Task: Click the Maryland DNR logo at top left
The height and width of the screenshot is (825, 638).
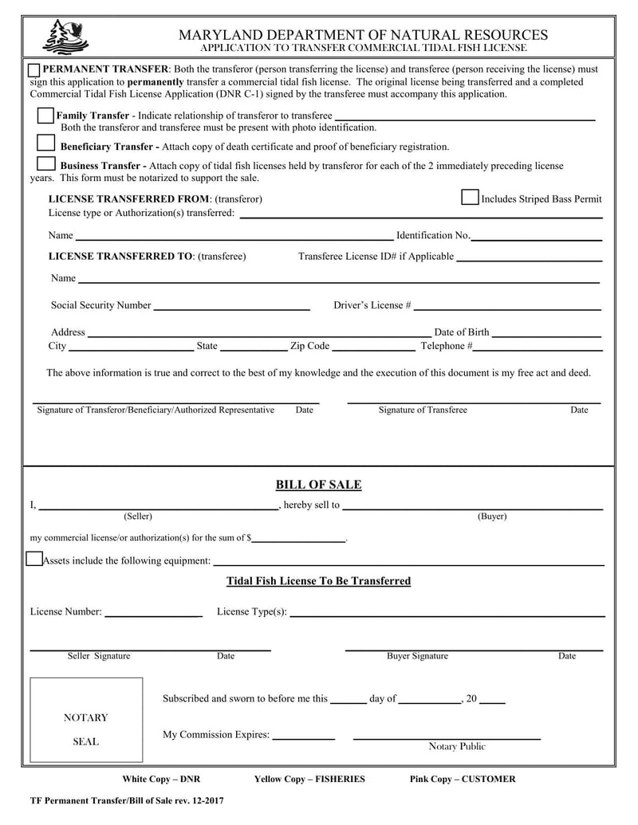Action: [65, 37]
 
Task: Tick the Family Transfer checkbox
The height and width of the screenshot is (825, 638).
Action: [45, 116]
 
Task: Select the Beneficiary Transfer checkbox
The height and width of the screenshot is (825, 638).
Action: [46, 143]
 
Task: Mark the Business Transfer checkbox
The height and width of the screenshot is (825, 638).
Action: [46, 163]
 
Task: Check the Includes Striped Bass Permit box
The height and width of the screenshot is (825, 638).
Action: [470, 198]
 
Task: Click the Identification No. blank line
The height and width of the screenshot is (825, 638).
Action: [536, 237]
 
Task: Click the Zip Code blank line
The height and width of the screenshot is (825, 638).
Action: [372, 348]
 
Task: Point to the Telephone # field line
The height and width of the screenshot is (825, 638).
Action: [538, 348]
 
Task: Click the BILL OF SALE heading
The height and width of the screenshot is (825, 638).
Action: [318, 485]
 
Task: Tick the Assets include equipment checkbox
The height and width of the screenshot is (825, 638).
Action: [34, 559]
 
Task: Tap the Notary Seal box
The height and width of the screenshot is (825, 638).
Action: [86, 720]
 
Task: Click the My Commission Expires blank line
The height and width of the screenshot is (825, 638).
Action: [303, 737]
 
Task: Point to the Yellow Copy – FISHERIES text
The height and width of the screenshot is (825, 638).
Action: [309, 779]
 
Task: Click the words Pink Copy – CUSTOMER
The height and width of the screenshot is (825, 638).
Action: [463, 779]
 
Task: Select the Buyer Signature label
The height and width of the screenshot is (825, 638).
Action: [417, 656]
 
